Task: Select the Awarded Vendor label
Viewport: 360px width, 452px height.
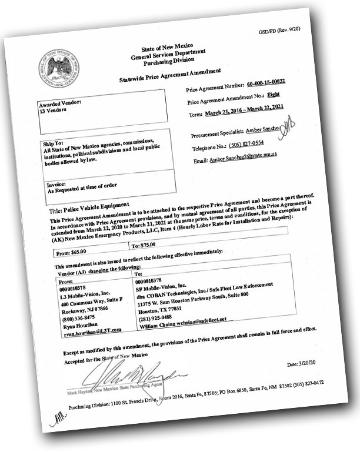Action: tap(59, 103)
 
